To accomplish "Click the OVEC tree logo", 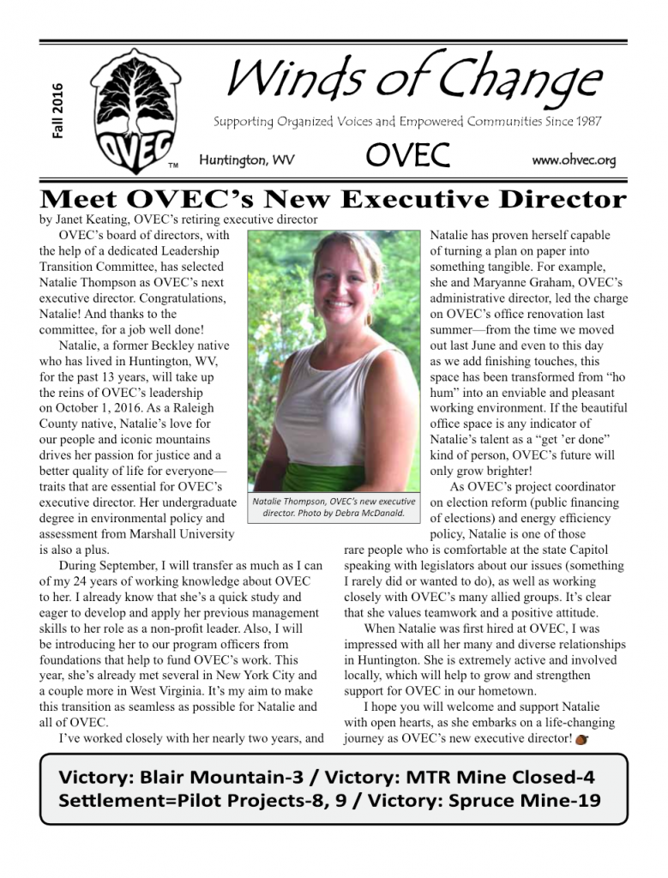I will tap(128, 109).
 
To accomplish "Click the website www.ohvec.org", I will tap(574, 160).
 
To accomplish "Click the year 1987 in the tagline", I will tap(586, 122).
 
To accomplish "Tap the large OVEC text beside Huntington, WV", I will tap(408, 157).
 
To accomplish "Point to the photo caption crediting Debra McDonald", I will tap(334, 508).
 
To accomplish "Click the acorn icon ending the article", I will tap(582, 739).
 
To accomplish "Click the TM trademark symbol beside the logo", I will tap(172, 165).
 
